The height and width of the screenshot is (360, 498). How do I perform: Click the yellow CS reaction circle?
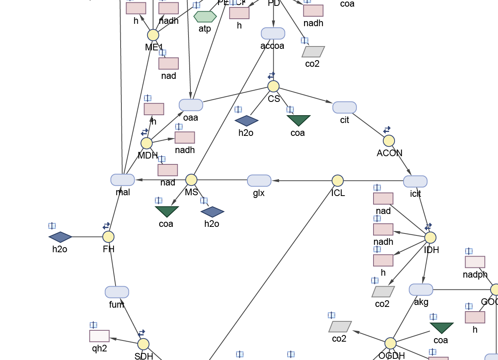pyautogui.click(x=273, y=86)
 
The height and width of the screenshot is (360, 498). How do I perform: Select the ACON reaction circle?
pyautogui.click(x=389, y=141)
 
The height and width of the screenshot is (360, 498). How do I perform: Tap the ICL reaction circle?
pyautogui.click(x=338, y=180)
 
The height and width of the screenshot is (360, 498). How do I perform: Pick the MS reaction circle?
pyautogui.click(x=191, y=180)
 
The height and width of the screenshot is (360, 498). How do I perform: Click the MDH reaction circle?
pyautogui.click(x=146, y=143)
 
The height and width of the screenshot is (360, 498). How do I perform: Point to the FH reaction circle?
pyautogui.click(x=108, y=237)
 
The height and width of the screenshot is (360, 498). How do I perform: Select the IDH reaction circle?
pyautogui.click(x=430, y=237)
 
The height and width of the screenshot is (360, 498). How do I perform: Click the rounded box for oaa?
pyautogui.click(x=191, y=105)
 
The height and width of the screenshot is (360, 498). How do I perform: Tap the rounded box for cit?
pyautogui.click(x=345, y=107)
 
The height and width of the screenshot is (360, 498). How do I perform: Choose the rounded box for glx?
pyautogui.click(x=259, y=181)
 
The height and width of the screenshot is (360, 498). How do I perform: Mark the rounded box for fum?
pyautogui.click(x=117, y=292)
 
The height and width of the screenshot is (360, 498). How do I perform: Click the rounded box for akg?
pyautogui.click(x=421, y=290)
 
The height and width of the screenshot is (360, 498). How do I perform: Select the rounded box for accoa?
pyautogui.click(x=273, y=34)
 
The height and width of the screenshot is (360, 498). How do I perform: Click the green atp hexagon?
pyautogui.click(x=205, y=17)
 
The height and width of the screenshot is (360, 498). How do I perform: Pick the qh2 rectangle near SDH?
pyautogui.click(x=99, y=336)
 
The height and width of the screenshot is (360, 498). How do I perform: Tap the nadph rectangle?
pyautogui.click(x=475, y=262)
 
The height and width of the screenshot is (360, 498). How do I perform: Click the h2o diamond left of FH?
pyautogui.click(x=60, y=237)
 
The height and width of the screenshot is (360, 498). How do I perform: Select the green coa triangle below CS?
pyautogui.click(x=299, y=121)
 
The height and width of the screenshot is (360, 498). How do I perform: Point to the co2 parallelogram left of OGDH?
pyautogui.click(x=340, y=326)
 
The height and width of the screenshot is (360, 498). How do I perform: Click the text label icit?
pyautogui.click(x=416, y=193)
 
